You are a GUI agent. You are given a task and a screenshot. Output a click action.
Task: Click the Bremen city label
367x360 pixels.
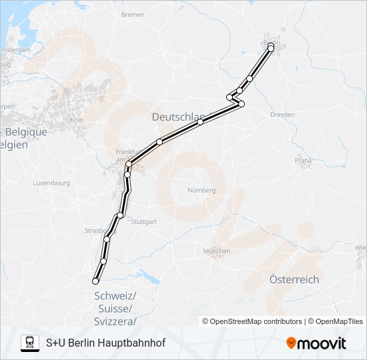pos(133,14)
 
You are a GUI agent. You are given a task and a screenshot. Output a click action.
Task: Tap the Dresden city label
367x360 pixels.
pos(282,115)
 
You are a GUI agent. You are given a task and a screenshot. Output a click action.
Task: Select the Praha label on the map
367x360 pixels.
pos(304,161)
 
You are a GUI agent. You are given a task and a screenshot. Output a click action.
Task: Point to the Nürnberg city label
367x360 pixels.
pos(202,190)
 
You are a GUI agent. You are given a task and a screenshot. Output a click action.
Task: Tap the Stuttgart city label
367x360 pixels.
pos(144,221)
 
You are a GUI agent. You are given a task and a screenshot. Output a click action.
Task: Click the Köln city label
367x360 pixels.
pos(76,120)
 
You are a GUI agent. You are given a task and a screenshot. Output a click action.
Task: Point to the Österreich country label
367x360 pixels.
pos(294,279)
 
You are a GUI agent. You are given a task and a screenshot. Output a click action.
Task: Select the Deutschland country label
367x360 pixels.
pos(177,117)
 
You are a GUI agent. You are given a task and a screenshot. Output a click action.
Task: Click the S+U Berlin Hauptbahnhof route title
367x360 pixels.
pos(105,343)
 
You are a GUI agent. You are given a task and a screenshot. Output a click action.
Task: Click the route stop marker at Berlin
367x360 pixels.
pos(271,48)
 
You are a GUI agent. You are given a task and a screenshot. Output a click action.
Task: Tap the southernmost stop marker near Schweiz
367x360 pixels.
pos(95,282)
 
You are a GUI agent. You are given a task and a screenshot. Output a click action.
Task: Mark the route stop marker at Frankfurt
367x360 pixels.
pos(128,164)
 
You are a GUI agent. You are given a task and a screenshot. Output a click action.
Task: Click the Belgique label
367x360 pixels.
pos(27,132)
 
